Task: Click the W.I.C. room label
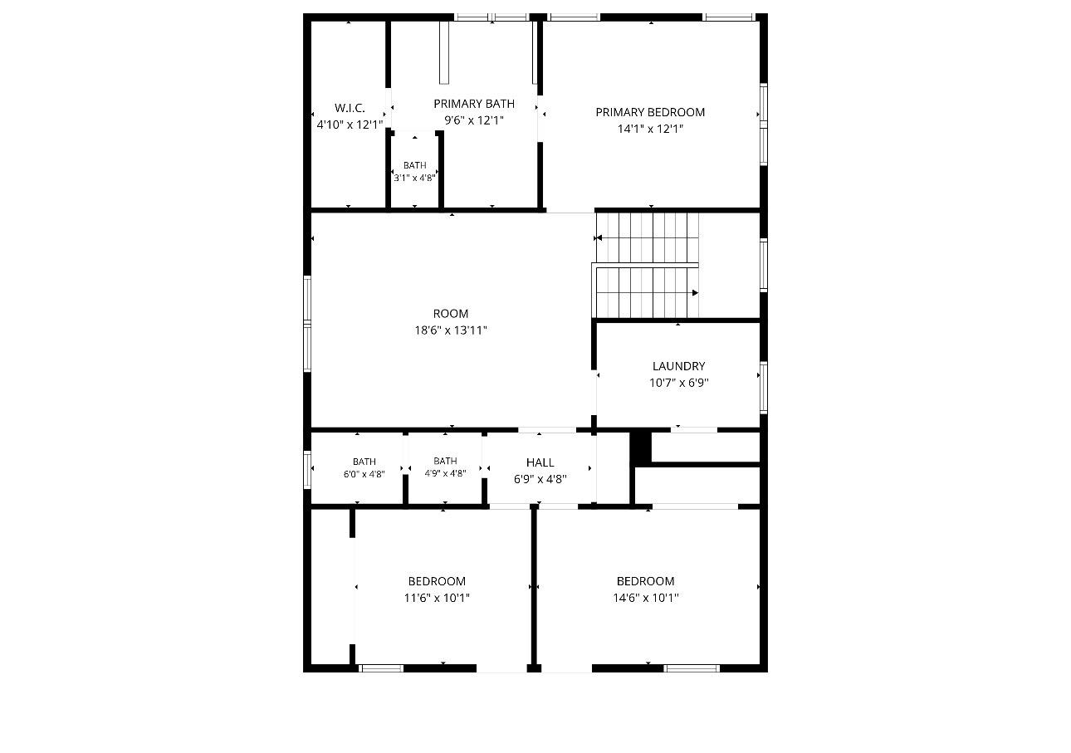click(x=350, y=108)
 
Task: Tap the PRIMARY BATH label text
click(x=474, y=104)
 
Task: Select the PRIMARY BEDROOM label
click(x=650, y=112)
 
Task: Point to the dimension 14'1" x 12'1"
click(x=650, y=129)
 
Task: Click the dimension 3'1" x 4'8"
click(x=414, y=178)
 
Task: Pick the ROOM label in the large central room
click(x=450, y=314)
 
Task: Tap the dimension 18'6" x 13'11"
click(x=450, y=330)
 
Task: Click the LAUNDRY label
click(x=678, y=366)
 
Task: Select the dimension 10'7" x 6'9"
click(x=678, y=383)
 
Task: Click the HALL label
click(x=540, y=462)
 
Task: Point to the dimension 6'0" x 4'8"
click(x=364, y=474)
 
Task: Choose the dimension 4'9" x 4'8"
click(x=445, y=473)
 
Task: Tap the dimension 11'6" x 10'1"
click(x=437, y=598)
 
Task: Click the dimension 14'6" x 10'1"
click(x=645, y=598)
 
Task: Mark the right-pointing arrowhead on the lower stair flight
click(x=695, y=293)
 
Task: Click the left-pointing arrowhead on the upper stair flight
click(x=598, y=238)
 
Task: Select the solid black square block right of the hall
click(x=641, y=447)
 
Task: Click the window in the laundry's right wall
click(x=764, y=388)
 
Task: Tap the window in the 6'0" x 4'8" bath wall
click(x=307, y=470)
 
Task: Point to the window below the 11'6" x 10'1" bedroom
click(x=381, y=668)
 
